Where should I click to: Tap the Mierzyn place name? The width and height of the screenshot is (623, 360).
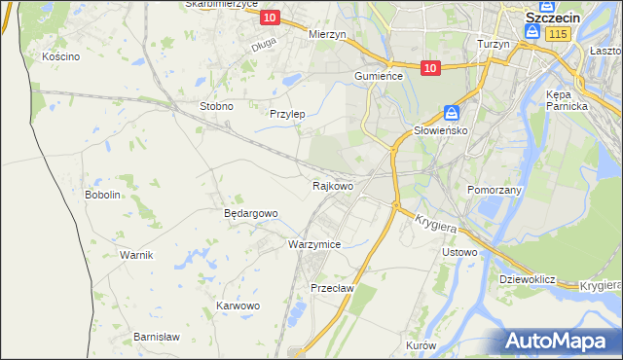(327, 33)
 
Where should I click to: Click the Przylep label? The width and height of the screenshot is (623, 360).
(287, 114)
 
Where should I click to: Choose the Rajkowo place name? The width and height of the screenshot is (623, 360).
(332, 185)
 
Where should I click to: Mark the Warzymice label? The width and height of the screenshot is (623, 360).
(314, 244)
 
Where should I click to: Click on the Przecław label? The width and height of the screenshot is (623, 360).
(331, 288)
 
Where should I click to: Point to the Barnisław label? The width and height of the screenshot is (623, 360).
(157, 337)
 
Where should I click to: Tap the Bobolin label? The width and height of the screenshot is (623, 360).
(102, 195)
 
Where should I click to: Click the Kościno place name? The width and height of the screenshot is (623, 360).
(60, 56)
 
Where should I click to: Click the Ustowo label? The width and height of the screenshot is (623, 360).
(459, 253)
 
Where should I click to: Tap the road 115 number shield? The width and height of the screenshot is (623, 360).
(557, 34)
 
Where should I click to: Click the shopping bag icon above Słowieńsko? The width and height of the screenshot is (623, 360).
(452, 112)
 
